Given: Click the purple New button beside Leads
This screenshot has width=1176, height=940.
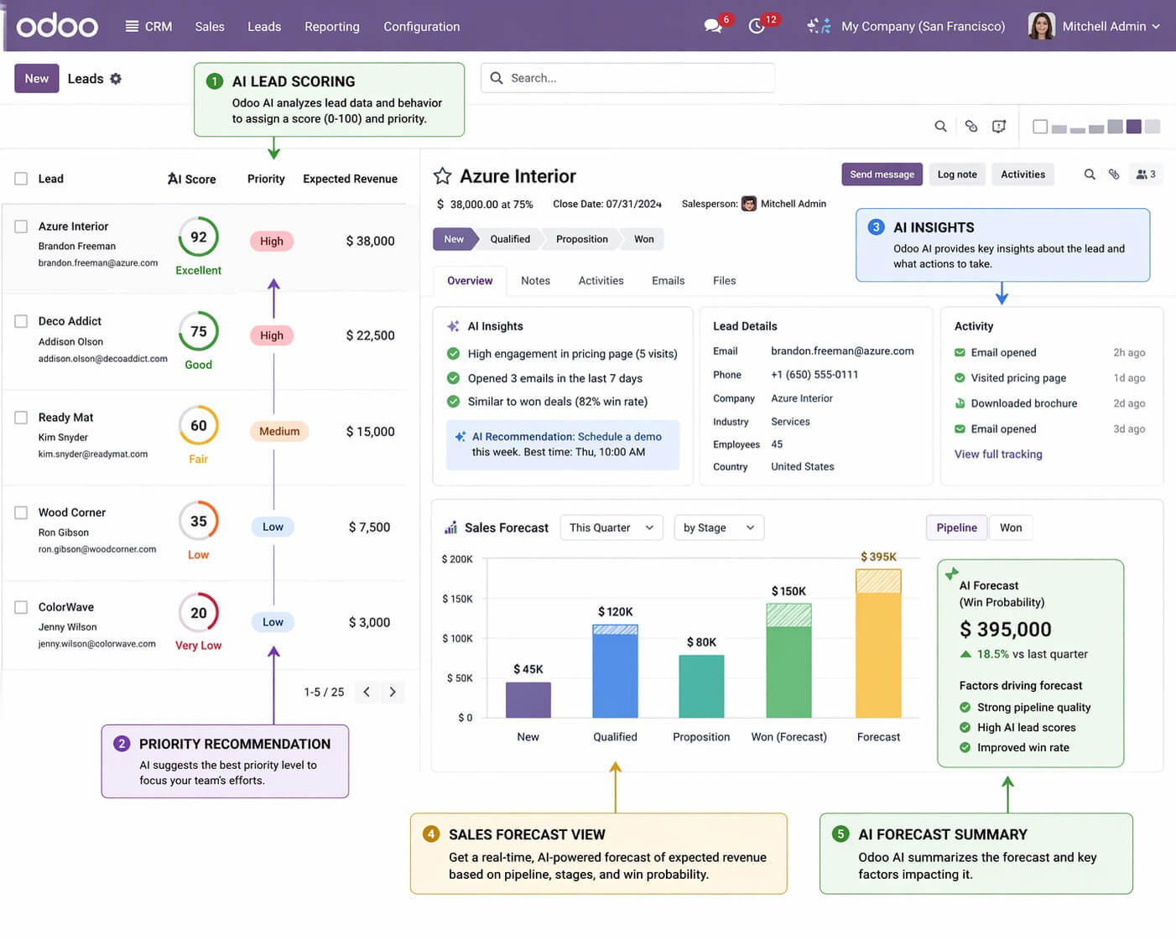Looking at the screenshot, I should pos(36,78).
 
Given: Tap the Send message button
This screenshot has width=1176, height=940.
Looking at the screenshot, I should pos(882,174).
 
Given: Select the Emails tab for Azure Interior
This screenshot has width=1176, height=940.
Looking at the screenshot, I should pos(668,281).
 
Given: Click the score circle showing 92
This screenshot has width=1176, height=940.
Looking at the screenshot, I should pos(199,237).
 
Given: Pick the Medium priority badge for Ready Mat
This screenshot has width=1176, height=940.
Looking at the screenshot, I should pos(279,431).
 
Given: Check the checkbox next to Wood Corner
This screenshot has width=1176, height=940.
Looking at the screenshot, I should pos(21,512).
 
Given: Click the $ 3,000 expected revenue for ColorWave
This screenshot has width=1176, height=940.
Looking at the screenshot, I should pos(369,622).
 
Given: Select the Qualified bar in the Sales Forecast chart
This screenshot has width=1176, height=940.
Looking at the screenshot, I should pos(615,671).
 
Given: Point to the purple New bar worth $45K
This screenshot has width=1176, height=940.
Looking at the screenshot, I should pos(528,700).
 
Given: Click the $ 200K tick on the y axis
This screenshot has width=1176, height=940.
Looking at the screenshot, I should pos(457,559).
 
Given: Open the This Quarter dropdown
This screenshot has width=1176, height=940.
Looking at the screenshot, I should pos(611,527).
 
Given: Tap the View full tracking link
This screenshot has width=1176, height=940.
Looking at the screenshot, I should pos(998,454).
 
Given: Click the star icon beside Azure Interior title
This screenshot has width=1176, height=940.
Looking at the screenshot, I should pos(442,176).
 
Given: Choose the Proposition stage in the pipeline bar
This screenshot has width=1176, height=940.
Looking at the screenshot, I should pos(581,239).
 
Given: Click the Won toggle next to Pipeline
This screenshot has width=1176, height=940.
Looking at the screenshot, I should pos(1011,527).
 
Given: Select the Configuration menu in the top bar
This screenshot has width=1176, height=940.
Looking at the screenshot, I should pos(421,27).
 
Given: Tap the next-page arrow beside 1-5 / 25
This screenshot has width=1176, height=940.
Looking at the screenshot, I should pos(393,692).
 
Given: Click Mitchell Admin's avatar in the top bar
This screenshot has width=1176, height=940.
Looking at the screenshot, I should pos(1041,26).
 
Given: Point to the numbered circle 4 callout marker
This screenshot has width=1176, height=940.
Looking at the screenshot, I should pos(431,834).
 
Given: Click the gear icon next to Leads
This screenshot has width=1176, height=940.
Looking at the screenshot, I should pos(116,79).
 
